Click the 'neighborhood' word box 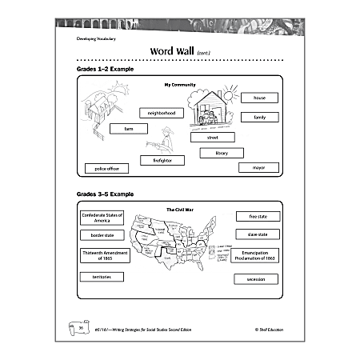(x=162, y=114)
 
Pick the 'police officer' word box (x=106, y=169)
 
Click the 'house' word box (x=259, y=98)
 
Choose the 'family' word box (x=259, y=117)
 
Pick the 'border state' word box (x=101, y=236)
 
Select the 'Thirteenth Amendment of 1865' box (x=101, y=255)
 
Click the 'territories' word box (x=101, y=277)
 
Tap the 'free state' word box (x=258, y=216)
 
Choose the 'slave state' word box (x=258, y=234)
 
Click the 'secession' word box (x=255, y=279)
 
